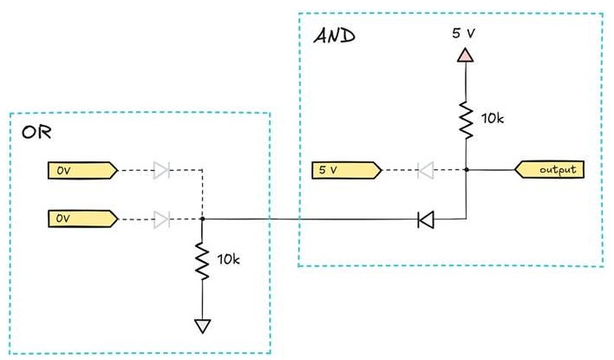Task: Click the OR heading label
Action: coord(36,133)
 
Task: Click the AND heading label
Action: coord(335,36)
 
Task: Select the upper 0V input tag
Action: coord(82,171)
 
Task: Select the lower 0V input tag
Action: coord(82,219)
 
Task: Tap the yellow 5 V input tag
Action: coord(347,170)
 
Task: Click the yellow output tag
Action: coord(549,170)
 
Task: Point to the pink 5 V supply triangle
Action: coord(465,55)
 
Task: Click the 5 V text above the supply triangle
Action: coord(463,33)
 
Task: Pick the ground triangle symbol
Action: coord(202,326)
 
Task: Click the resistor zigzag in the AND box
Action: coord(466,120)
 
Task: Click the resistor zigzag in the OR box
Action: coord(202,261)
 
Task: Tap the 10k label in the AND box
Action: coord(493,118)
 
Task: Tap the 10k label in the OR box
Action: coord(228,259)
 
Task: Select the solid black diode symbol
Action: coord(426,219)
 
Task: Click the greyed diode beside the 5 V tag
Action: coord(426,170)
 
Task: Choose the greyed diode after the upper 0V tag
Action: coord(161,170)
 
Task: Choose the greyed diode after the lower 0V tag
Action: coord(161,219)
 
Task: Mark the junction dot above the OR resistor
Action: coord(202,219)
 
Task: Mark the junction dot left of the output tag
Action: coord(467,170)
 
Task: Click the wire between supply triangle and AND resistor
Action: coord(466,82)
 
